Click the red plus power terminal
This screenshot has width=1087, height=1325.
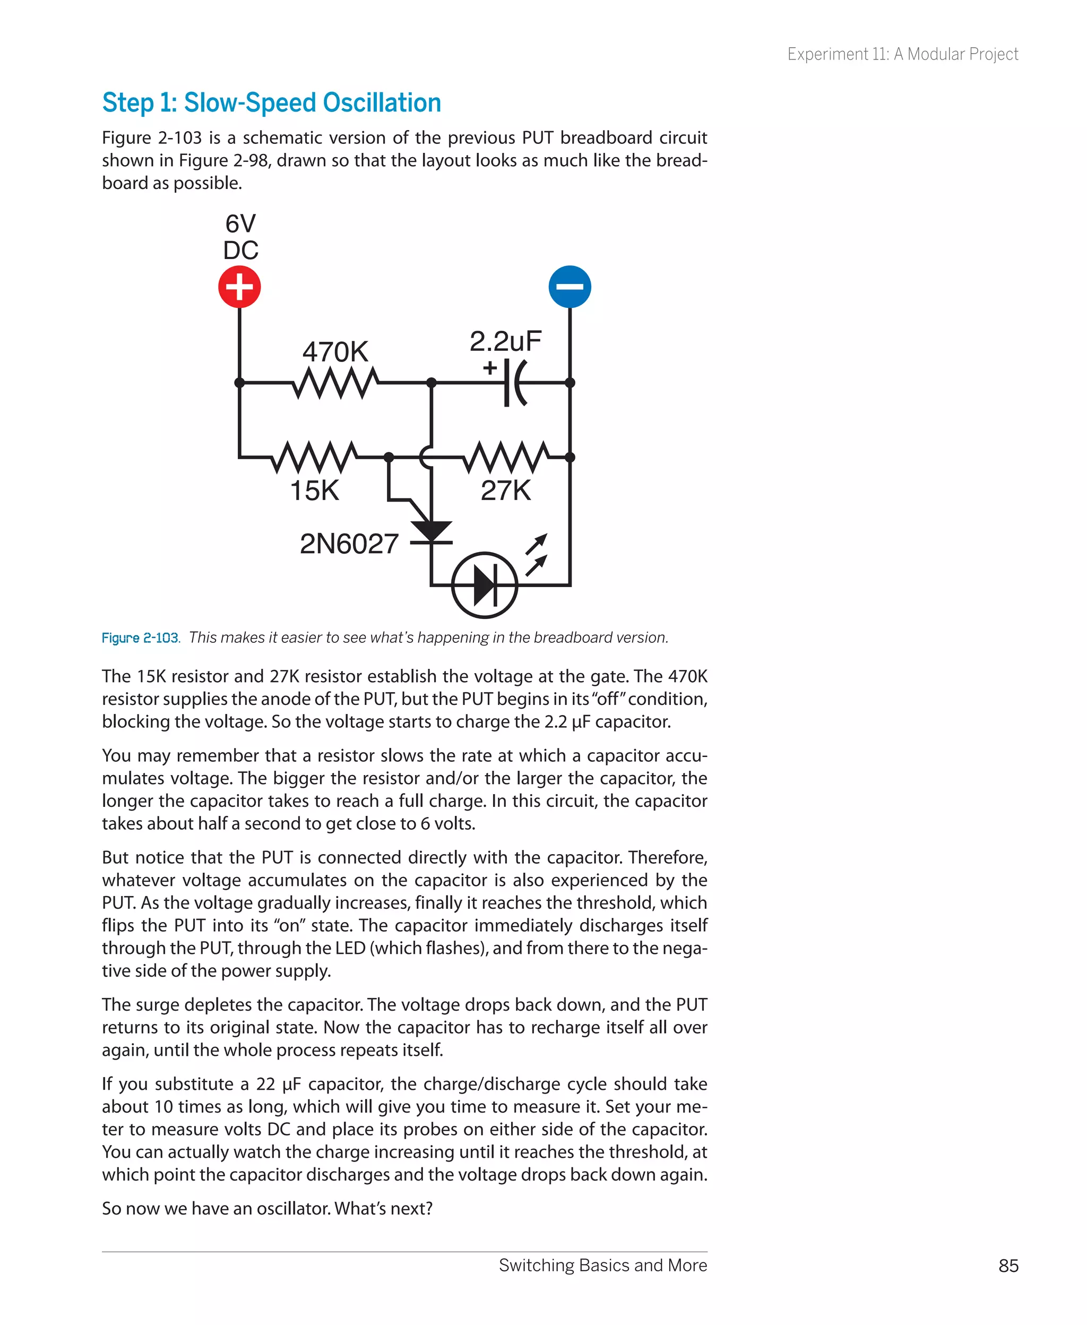click(x=239, y=287)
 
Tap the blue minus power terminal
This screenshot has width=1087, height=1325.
click(x=570, y=287)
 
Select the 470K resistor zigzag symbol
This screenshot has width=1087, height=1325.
click(x=335, y=383)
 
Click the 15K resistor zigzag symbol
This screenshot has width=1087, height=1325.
click(x=315, y=457)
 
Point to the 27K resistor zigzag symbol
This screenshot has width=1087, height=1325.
click(x=506, y=457)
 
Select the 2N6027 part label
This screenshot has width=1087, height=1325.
click(x=349, y=544)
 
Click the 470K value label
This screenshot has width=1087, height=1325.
click(x=335, y=352)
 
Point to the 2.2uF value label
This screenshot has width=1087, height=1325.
click(x=505, y=341)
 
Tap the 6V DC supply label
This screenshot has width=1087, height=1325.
click(x=240, y=237)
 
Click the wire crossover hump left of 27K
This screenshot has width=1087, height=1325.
click(x=426, y=457)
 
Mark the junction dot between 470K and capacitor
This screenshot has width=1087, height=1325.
click(x=431, y=383)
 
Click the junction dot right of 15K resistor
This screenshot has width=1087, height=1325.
click(x=389, y=457)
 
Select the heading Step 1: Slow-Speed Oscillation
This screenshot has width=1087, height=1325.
click(x=272, y=102)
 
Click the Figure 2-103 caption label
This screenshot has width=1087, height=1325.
click(x=140, y=638)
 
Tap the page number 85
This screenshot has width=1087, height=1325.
click(x=1008, y=1266)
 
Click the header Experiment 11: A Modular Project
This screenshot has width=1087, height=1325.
click(x=902, y=55)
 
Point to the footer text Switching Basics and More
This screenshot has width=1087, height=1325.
click(x=602, y=1266)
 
